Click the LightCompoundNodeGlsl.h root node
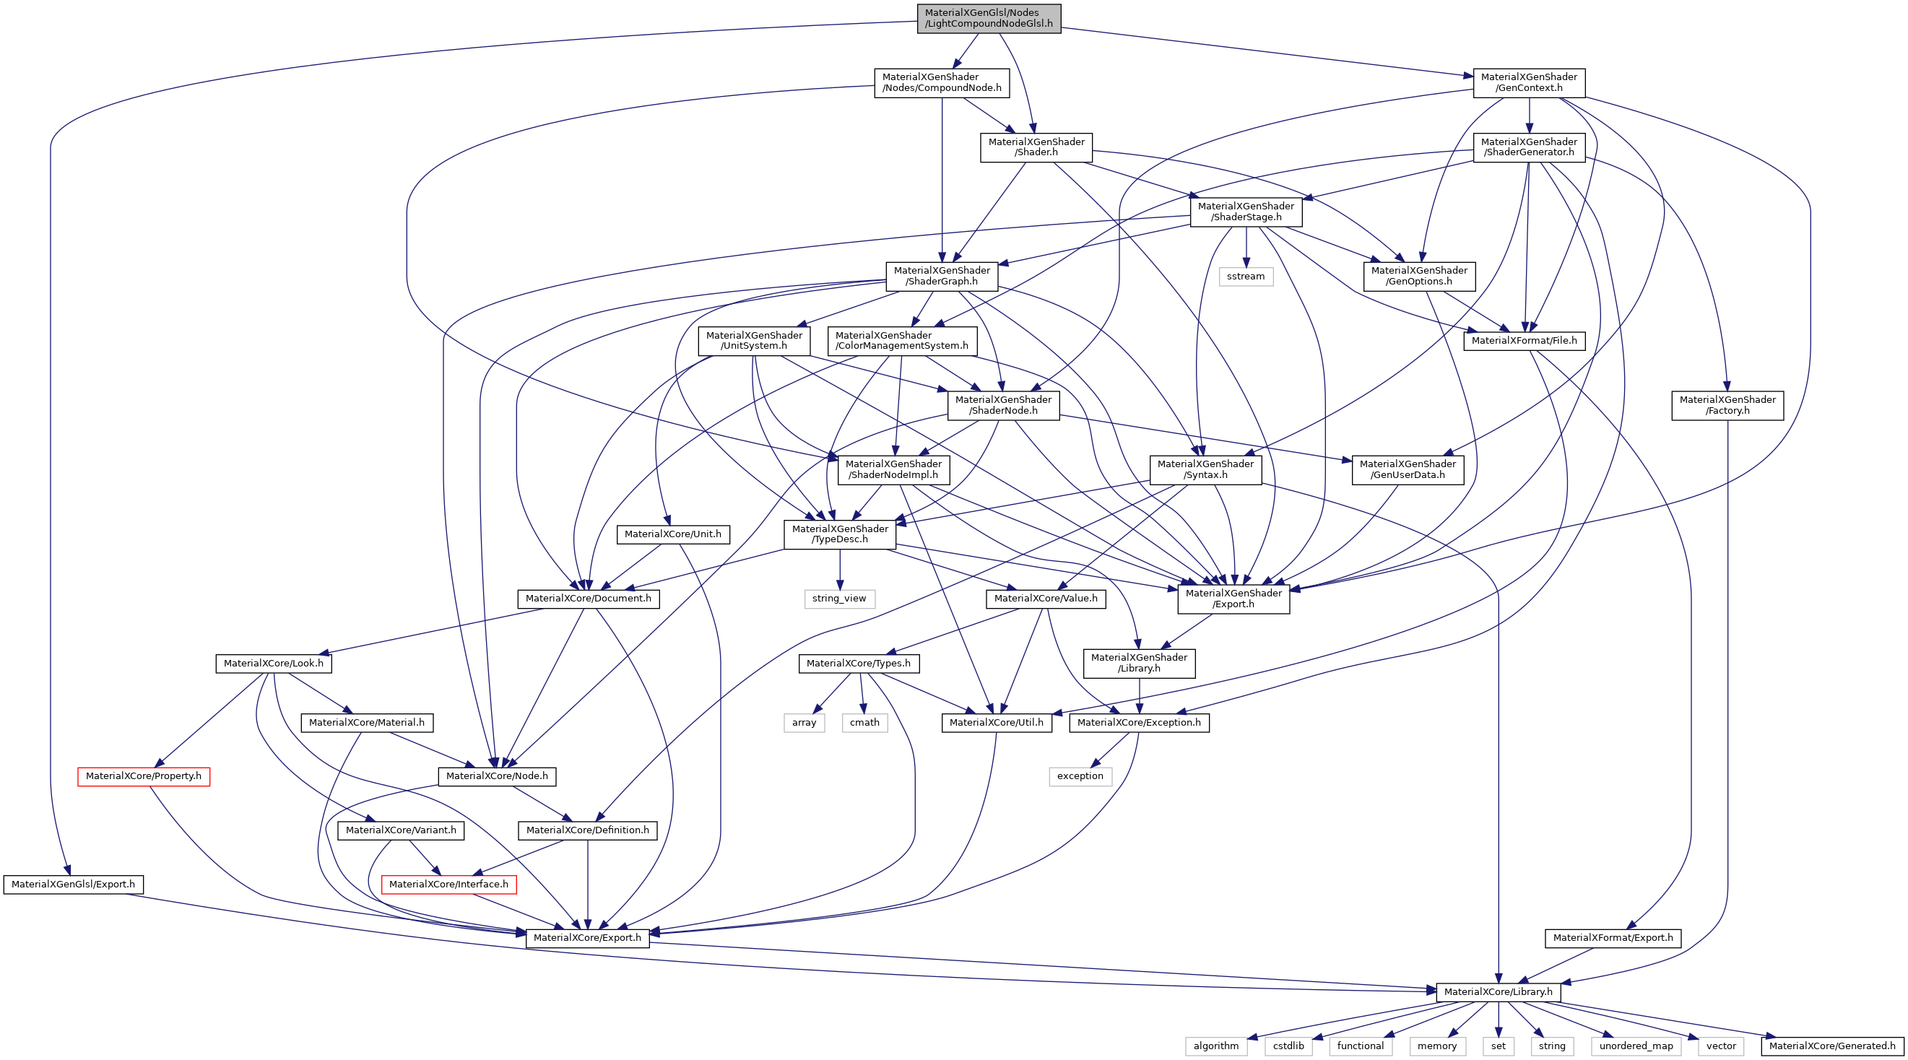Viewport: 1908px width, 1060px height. coord(988,18)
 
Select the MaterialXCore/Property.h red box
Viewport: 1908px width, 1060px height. coord(144,776)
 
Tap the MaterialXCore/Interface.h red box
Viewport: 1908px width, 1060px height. coord(448,884)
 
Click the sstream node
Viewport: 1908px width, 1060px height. coord(1245,277)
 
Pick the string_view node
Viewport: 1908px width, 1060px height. coord(839,599)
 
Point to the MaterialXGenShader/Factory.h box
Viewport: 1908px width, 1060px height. coord(1727,405)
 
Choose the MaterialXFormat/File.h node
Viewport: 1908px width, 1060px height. coord(1524,341)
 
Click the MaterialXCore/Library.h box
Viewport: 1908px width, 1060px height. coord(1498,992)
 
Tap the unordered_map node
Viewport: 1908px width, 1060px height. coord(1636,1046)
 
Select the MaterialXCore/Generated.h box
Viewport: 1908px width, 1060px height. coord(1831,1046)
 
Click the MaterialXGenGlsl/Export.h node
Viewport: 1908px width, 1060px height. coord(73,884)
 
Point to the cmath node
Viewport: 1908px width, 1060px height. coord(864,722)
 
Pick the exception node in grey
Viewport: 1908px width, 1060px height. coord(1080,776)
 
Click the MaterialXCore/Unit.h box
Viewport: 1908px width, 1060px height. coord(672,534)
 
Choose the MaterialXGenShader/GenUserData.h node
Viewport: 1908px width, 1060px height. coord(1408,469)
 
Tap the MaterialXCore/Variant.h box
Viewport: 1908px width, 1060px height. coord(401,830)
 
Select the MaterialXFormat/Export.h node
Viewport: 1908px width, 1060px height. coord(1613,938)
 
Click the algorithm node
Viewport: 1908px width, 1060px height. coord(1215,1046)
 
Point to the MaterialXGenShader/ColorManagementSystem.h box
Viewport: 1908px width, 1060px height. coord(901,341)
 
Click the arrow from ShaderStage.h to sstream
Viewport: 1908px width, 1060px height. coord(1246,248)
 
